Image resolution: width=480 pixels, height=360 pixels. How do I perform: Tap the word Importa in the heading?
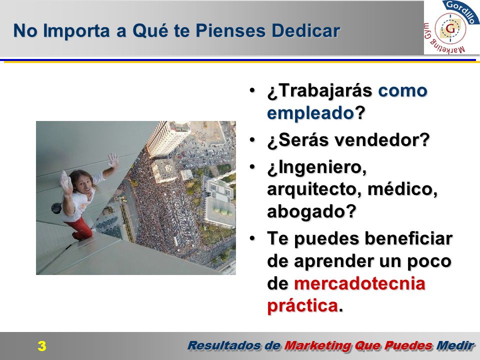pos(76,31)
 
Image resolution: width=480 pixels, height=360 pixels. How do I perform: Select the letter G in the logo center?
pos(450,29)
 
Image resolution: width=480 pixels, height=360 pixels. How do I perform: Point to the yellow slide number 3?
pos(42,346)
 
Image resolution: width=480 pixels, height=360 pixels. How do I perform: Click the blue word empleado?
pos(310,113)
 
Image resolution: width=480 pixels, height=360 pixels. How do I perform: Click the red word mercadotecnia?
pos(359,283)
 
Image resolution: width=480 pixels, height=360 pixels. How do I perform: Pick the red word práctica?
pos(302,306)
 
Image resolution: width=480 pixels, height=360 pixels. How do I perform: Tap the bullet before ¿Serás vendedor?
pos(252,140)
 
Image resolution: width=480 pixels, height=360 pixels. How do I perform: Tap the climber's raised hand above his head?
pos(113,160)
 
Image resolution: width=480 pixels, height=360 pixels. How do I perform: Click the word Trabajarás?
pos(319,91)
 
